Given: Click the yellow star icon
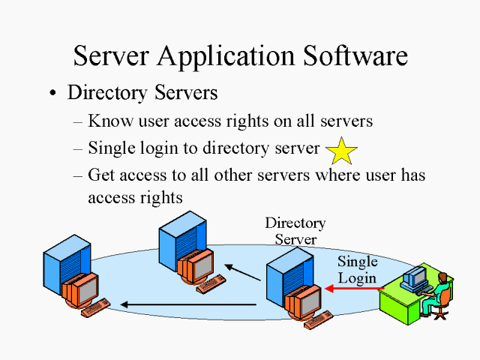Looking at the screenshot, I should click(342, 151).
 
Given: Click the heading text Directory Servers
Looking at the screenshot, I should click(142, 93).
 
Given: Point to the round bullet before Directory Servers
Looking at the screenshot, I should click(52, 94).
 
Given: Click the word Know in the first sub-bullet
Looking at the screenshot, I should click(106, 120).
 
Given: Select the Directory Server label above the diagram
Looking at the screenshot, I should click(295, 231).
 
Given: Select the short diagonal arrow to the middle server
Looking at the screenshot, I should click(243, 273).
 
